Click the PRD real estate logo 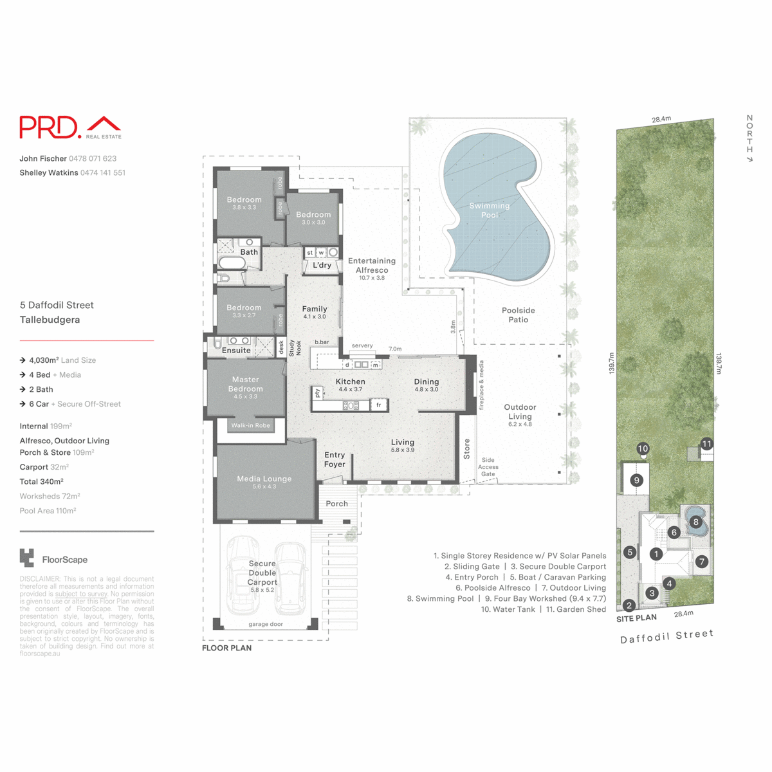tap(70, 127)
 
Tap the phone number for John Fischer tap(93, 158)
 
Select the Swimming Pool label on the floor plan tap(489, 210)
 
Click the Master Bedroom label tap(245, 384)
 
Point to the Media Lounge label tap(264, 479)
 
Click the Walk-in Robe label tap(250, 425)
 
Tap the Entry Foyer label tap(335, 459)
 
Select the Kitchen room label tap(350, 381)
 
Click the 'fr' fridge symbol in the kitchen tap(379, 405)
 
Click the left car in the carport tap(243, 576)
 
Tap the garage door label tap(265, 624)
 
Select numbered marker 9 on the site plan tap(636, 480)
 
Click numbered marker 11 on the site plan tap(706, 444)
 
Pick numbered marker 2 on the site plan tap(629, 605)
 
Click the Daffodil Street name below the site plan tap(666, 637)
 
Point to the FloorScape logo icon tap(26, 558)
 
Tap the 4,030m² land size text tap(44, 360)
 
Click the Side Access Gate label tap(488, 467)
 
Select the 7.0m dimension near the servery tap(394, 349)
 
